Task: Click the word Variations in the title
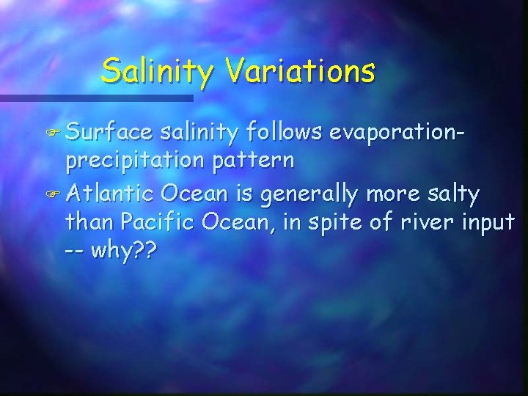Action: (x=301, y=71)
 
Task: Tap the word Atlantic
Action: (x=111, y=194)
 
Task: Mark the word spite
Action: (x=337, y=221)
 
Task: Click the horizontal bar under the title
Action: (x=95, y=98)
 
